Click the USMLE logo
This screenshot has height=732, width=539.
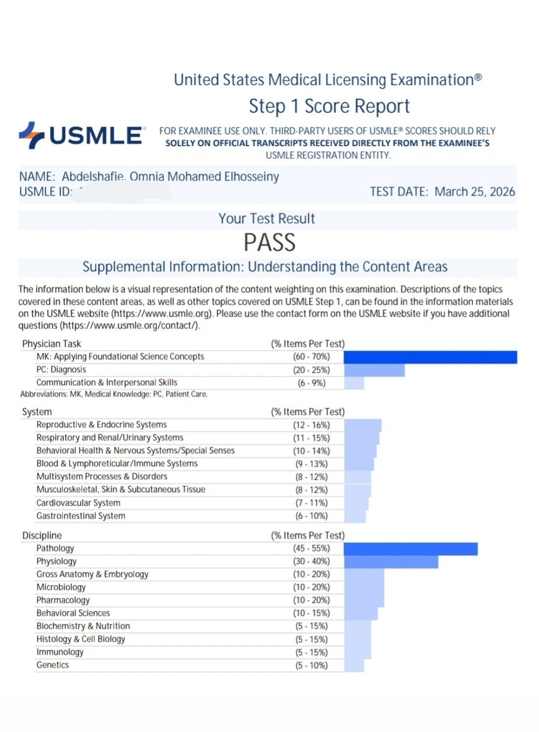[82, 135]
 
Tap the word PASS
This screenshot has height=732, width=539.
[269, 243]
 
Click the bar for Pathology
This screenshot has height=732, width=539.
[410, 549]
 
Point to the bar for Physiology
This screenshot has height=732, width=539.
[391, 562]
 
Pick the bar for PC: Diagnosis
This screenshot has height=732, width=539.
[374, 370]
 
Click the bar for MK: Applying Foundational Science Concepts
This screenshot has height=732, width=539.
[430, 357]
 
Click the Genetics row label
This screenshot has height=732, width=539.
[52, 665]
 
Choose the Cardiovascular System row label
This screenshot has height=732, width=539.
[78, 503]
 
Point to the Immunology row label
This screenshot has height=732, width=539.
[60, 652]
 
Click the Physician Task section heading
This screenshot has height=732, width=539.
[51, 344]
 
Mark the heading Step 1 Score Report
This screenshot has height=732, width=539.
[329, 106]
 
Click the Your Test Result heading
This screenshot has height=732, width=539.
[267, 218]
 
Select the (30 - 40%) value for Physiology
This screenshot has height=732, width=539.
[310, 562]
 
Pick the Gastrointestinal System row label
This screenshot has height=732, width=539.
[81, 516]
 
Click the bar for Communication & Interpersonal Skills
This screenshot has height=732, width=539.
[354, 383]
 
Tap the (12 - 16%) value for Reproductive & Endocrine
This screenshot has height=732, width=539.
[310, 425]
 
